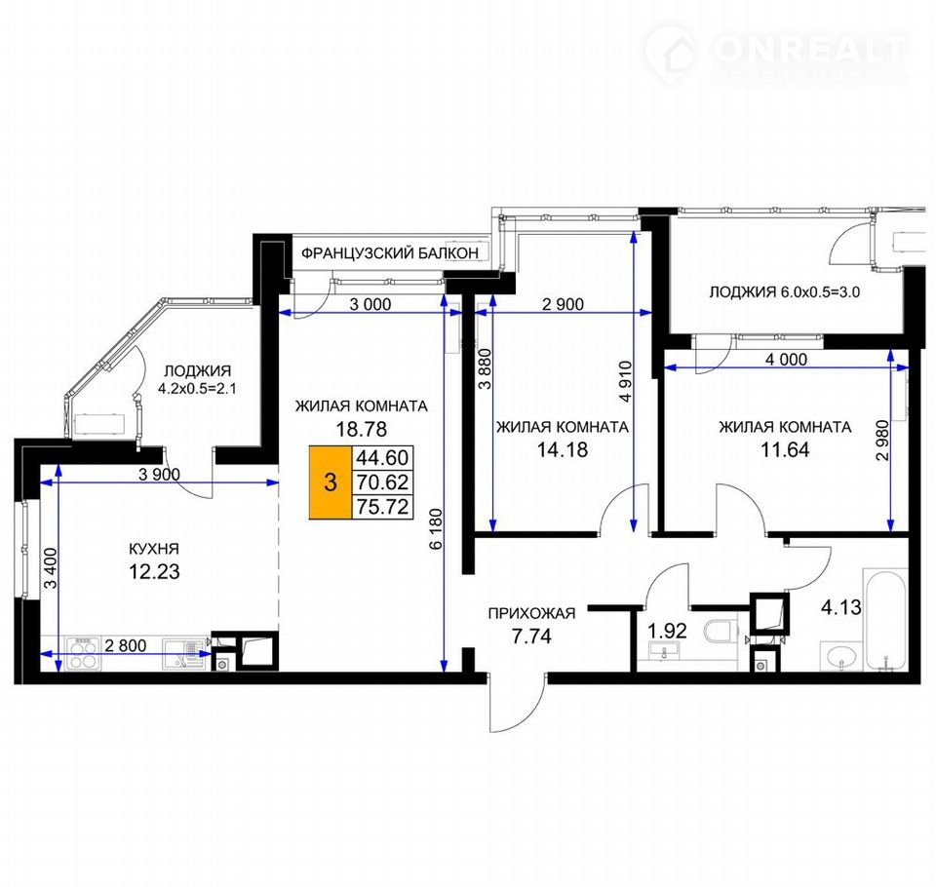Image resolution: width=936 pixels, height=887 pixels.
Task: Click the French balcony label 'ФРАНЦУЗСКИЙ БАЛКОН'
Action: [x=389, y=253]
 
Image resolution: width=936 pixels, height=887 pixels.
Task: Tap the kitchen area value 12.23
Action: [x=154, y=571]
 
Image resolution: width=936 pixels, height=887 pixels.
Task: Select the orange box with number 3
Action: [x=331, y=482]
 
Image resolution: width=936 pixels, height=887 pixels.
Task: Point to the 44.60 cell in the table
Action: [x=382, y=458]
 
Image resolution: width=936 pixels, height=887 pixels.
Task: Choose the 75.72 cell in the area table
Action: [x=382, y=507]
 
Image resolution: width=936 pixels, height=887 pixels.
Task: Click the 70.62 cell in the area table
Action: [x=382, y=482]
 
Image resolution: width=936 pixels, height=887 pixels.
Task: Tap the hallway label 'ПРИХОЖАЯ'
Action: [x=532, y=613]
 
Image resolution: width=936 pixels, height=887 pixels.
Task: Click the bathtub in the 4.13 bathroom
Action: [x=884, y=618]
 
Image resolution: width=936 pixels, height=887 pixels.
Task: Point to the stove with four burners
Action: [x=83, y=653]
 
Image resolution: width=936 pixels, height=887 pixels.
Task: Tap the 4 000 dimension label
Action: [x=786, y=359]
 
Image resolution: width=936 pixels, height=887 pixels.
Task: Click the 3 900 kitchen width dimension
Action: [x=159, y=475]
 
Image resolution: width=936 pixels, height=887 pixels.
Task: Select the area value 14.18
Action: [x=563, y=449]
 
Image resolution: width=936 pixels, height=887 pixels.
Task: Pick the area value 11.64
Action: [x=785, y=449]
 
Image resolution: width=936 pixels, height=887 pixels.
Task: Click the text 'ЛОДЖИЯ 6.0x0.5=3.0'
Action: [x=784, y=292]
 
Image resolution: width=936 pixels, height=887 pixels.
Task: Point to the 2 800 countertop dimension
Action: [x=126, y=645]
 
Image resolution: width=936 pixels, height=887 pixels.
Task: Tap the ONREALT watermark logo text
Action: [x=809, y=49]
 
